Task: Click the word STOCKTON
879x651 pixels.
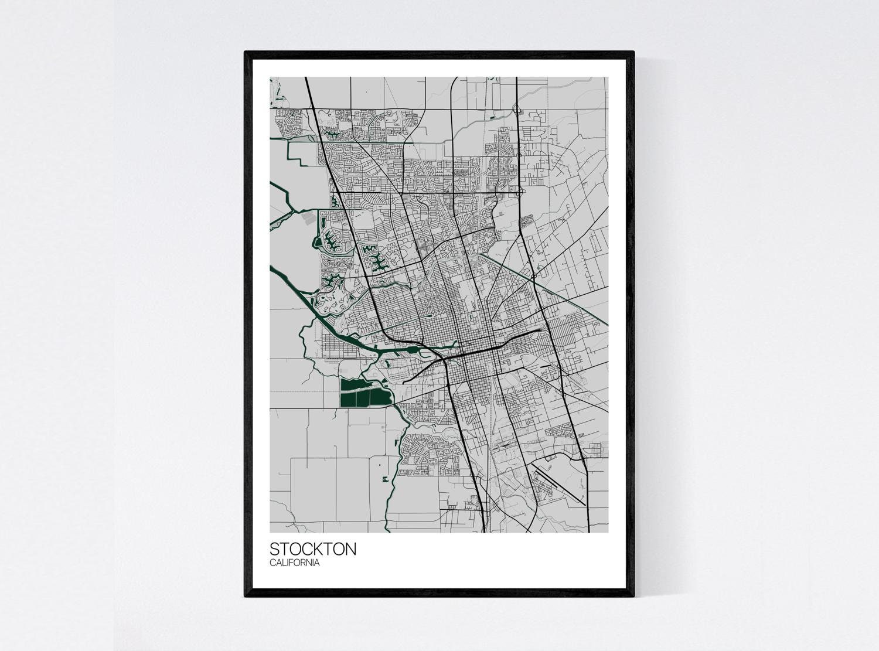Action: pos(312,549)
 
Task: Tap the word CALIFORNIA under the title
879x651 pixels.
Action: pos(295,563)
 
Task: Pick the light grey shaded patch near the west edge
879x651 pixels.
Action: pos(307,218)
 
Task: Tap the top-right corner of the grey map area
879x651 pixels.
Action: pos(608,78)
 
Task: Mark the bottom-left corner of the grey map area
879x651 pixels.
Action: pos(270,532)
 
